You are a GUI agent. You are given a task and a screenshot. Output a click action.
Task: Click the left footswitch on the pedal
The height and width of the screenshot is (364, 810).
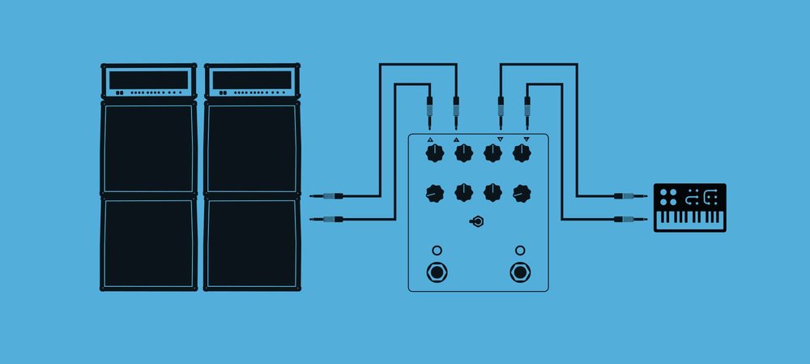(437, 272)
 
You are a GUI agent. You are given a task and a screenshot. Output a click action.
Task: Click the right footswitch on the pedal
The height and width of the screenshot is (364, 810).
(520, 272)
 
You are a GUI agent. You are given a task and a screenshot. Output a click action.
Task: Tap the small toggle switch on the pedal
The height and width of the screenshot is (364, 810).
(478, 221)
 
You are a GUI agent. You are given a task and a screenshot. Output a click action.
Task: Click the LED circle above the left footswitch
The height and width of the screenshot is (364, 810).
(437, 250)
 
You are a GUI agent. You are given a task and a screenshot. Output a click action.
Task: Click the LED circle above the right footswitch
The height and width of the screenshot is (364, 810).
(520, 250)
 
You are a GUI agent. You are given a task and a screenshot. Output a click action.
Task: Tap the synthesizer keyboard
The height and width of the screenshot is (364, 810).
(690, 208)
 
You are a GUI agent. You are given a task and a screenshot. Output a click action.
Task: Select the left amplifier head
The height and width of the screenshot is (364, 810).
(149, 81)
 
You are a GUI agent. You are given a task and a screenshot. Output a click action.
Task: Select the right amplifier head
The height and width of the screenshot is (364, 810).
(251, 81)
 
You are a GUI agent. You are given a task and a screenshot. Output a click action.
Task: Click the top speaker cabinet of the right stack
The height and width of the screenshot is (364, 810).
(251, 146)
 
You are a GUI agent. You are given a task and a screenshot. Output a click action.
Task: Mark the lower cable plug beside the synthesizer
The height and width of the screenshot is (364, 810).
(629, 219)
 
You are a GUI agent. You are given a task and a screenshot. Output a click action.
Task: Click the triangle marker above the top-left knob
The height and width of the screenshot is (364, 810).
(430, 139)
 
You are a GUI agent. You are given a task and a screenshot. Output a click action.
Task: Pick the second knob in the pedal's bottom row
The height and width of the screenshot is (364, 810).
(463, 193)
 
